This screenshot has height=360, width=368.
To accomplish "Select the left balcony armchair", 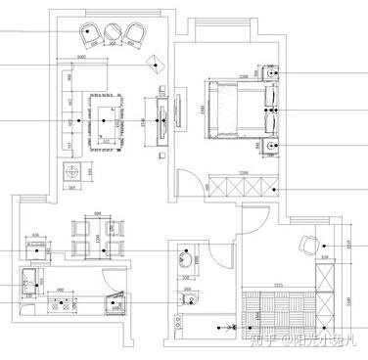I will point(92,36).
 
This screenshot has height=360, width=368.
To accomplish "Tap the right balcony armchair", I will point(134,36).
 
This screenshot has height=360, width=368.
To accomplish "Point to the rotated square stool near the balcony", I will point(154,64).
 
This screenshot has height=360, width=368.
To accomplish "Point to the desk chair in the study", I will point(307,243).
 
